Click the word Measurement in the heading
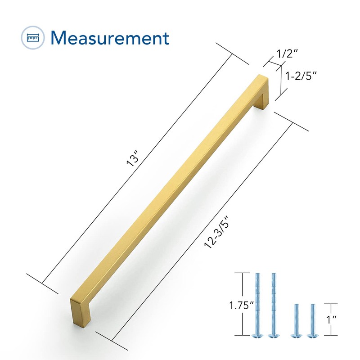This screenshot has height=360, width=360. [110, 38]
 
